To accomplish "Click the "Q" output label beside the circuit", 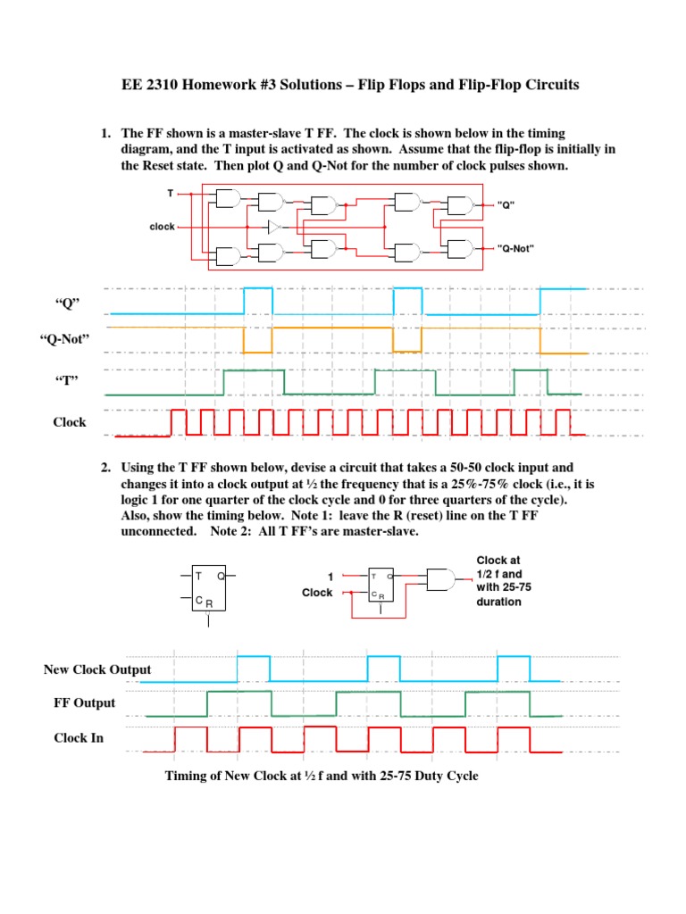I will (x=506, y=204).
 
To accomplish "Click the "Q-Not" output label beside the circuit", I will (x=515, y=248).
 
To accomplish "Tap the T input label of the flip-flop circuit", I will (x=171, y=193).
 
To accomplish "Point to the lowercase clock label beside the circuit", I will (x=163, y=227).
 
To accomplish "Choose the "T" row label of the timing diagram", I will (x=68, y=381).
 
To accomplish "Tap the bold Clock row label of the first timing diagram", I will (x=69, y=422).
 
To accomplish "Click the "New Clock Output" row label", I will (x=97, y=669).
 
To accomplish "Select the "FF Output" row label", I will (x=85, y=702).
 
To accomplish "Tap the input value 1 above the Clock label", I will (x=330, y=577).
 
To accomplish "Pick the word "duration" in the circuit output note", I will (x=498, y=602).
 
